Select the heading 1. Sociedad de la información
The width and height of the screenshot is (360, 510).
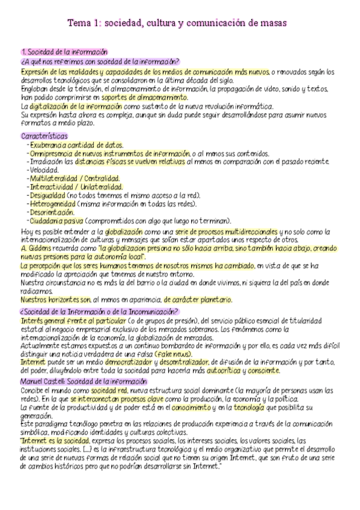point(64,52)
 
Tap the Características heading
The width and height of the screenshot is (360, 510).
point(44,136)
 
